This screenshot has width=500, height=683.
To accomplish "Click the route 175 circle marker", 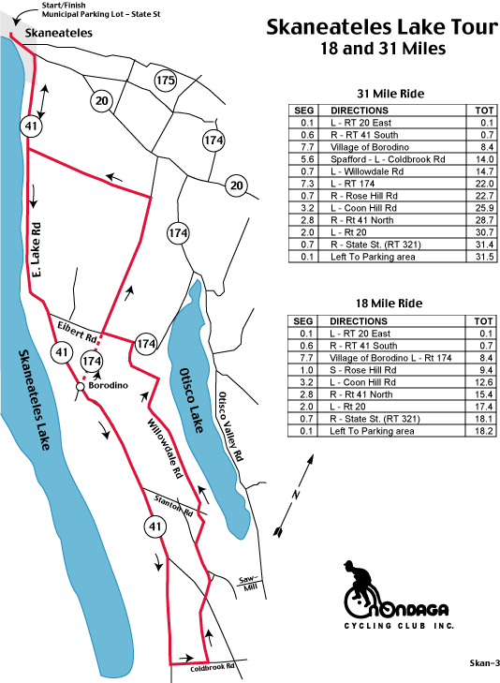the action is (x=166, y=81).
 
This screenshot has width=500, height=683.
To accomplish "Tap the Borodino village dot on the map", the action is (x=81, y=386).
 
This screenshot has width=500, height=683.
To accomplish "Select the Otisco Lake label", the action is (x=192, y=401).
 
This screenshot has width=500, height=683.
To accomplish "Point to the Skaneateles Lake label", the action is (x=35, y=399).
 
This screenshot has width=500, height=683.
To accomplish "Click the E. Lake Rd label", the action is (x=37, y=250).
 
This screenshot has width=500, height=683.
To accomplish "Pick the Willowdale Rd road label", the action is (x=165, y=449).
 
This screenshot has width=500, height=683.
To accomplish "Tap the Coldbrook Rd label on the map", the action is (x=213, y=667).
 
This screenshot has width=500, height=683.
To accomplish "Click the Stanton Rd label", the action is (x=173, y=505).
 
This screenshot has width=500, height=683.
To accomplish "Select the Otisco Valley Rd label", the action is (x=230, y=426).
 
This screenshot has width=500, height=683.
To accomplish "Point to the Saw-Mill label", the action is (x=249, y=584).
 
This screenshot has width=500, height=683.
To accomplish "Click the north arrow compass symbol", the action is (x=293, y=496).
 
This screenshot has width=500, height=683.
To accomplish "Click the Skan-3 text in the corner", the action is (x=484, y=663).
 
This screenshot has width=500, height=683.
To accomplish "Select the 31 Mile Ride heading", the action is (x=390, y=94).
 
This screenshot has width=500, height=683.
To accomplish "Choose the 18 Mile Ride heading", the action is (x=389, y=304).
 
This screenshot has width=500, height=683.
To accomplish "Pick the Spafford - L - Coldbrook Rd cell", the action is (x=388, y=159).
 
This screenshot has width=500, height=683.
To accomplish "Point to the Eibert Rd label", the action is (x=77, y=332).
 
